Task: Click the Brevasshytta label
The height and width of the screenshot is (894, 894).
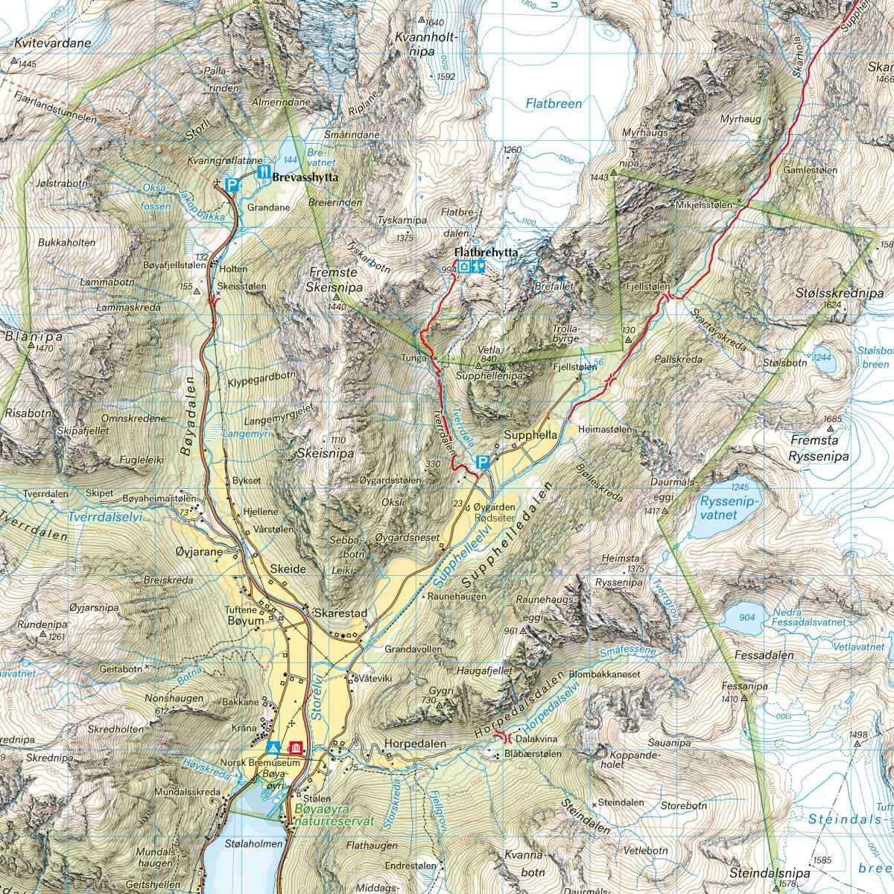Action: tap(305, 179)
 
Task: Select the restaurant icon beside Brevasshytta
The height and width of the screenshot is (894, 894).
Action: tap(262, 172)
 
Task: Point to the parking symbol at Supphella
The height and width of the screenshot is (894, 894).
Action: tap(483, 463)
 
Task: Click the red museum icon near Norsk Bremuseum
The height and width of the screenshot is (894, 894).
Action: tap(296, 747)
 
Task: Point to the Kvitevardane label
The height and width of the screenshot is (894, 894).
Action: tap(52, 43)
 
